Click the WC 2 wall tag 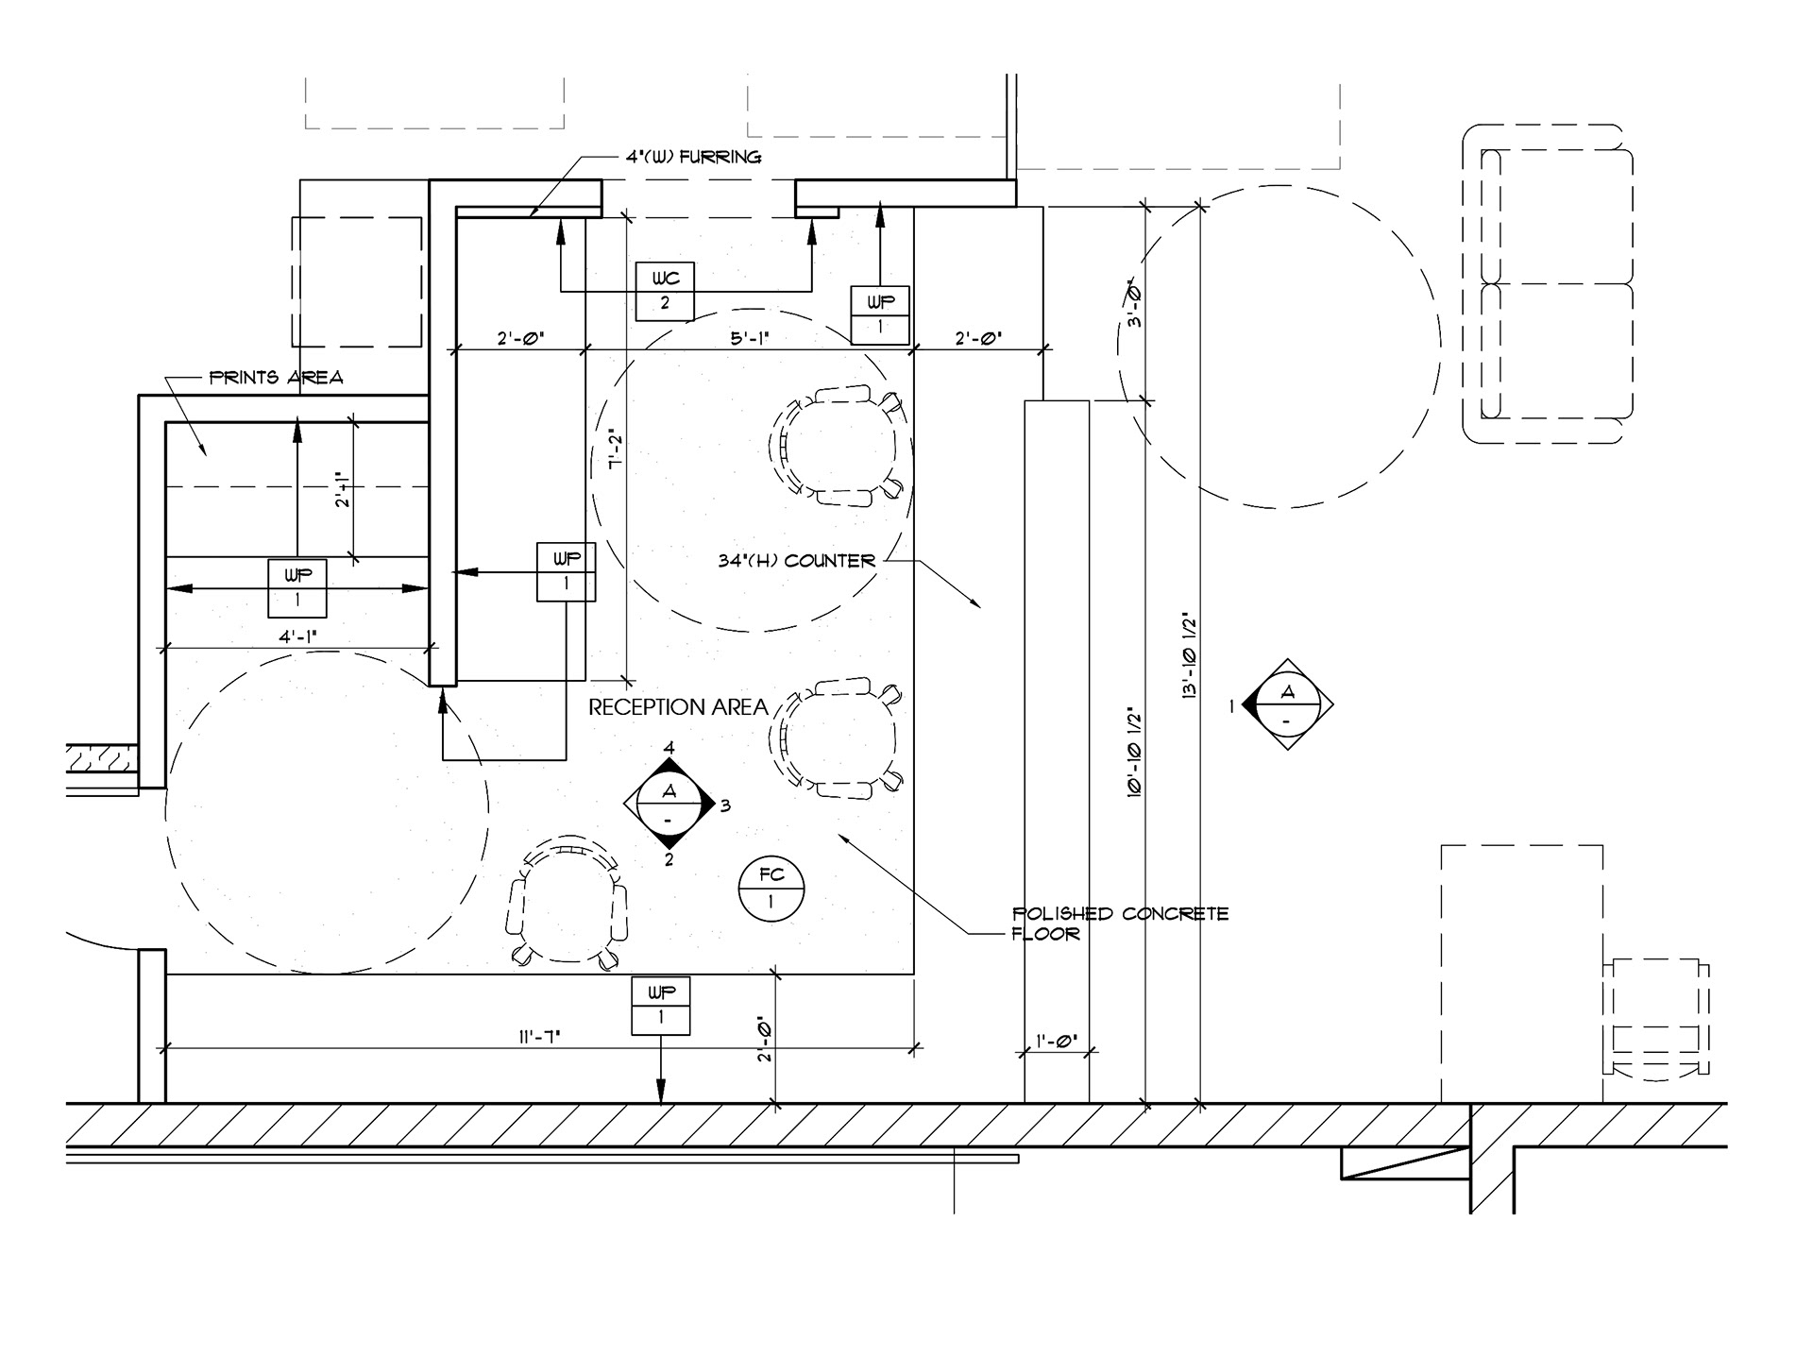click(665, 291)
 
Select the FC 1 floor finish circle click(771, 889)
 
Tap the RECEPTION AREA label click(678, 707)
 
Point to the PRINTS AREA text click(276, 378)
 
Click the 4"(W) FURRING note click(693, 157)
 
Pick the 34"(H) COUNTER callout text click(797, 561)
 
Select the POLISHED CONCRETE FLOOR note click(1120, 924)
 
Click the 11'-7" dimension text click(539, 1037)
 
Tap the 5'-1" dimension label click(750, 338)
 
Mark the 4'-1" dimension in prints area click(297, 636)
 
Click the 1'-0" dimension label click(1057, 1042)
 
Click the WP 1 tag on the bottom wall click(660, 1006)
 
